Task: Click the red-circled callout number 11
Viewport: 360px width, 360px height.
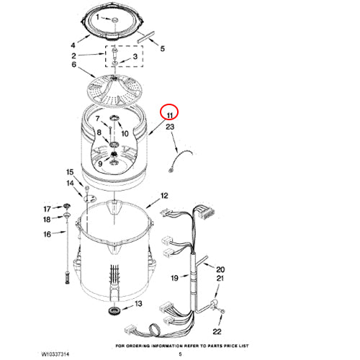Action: (x=170, y=115)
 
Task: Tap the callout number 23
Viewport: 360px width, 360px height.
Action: (x=170, y=127)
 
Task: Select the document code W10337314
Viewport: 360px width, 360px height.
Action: (x=55, y=354)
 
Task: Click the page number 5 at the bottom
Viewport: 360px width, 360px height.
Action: (x=180, y=354)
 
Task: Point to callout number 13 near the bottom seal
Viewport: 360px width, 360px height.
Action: (x=139, y=304)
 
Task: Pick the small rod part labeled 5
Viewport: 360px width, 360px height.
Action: (x=145, y=37)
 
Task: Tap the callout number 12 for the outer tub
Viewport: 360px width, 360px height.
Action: (x=164, y=196)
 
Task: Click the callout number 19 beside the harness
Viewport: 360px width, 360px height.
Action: (x=174, y=278)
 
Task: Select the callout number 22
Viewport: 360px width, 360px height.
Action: (x=217, y=332)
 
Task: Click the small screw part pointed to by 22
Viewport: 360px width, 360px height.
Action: (x=222, y=311)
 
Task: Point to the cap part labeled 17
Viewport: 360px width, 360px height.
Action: (x=67, y=206)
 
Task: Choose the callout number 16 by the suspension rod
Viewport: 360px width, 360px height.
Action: (x=47, y=234)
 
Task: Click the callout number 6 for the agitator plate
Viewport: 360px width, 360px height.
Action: (x=74, y=64)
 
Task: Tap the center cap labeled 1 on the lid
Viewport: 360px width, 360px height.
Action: (x=115, y=20)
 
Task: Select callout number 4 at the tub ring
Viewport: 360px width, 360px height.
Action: (x=73, y=45)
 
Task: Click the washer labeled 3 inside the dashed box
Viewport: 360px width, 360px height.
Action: (x=115, y=63)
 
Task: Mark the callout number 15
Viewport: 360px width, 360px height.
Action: (x=70, y=172)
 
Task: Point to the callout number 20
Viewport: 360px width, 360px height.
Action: (x=220, y=269)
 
